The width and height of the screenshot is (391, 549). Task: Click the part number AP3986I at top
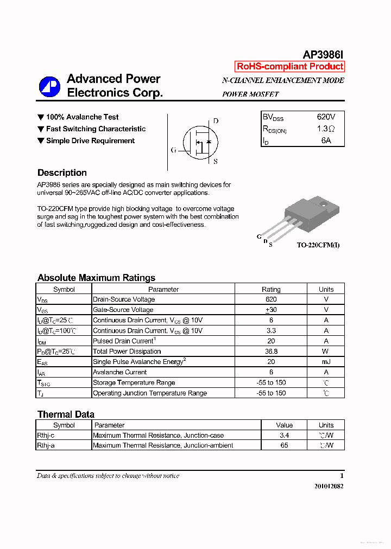point(323,54)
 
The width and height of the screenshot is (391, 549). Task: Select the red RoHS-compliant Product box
point(290,66)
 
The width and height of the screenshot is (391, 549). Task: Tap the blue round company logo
point(49,87)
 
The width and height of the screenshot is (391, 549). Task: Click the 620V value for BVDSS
point(326,117)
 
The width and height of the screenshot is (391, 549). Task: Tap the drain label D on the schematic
point(216,121)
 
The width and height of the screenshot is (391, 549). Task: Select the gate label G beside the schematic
point(173,150)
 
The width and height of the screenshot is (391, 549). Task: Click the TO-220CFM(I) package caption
point(318,245)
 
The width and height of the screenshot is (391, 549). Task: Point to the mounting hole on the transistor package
point(323,205)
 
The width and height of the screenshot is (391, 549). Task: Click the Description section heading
point(62,173)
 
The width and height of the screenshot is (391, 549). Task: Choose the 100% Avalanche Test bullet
point(82,117)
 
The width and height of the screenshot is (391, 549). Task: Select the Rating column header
point(271,289)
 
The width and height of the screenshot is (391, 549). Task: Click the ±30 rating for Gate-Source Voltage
point(271,310)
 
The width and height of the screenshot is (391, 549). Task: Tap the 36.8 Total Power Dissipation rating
point(271,352)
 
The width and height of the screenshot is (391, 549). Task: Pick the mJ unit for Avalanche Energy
point(326,362)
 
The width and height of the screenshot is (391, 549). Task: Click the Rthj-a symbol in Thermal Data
point(46,445)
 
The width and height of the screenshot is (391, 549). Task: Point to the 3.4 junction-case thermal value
point(284,435)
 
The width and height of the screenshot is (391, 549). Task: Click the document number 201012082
point(329,486)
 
